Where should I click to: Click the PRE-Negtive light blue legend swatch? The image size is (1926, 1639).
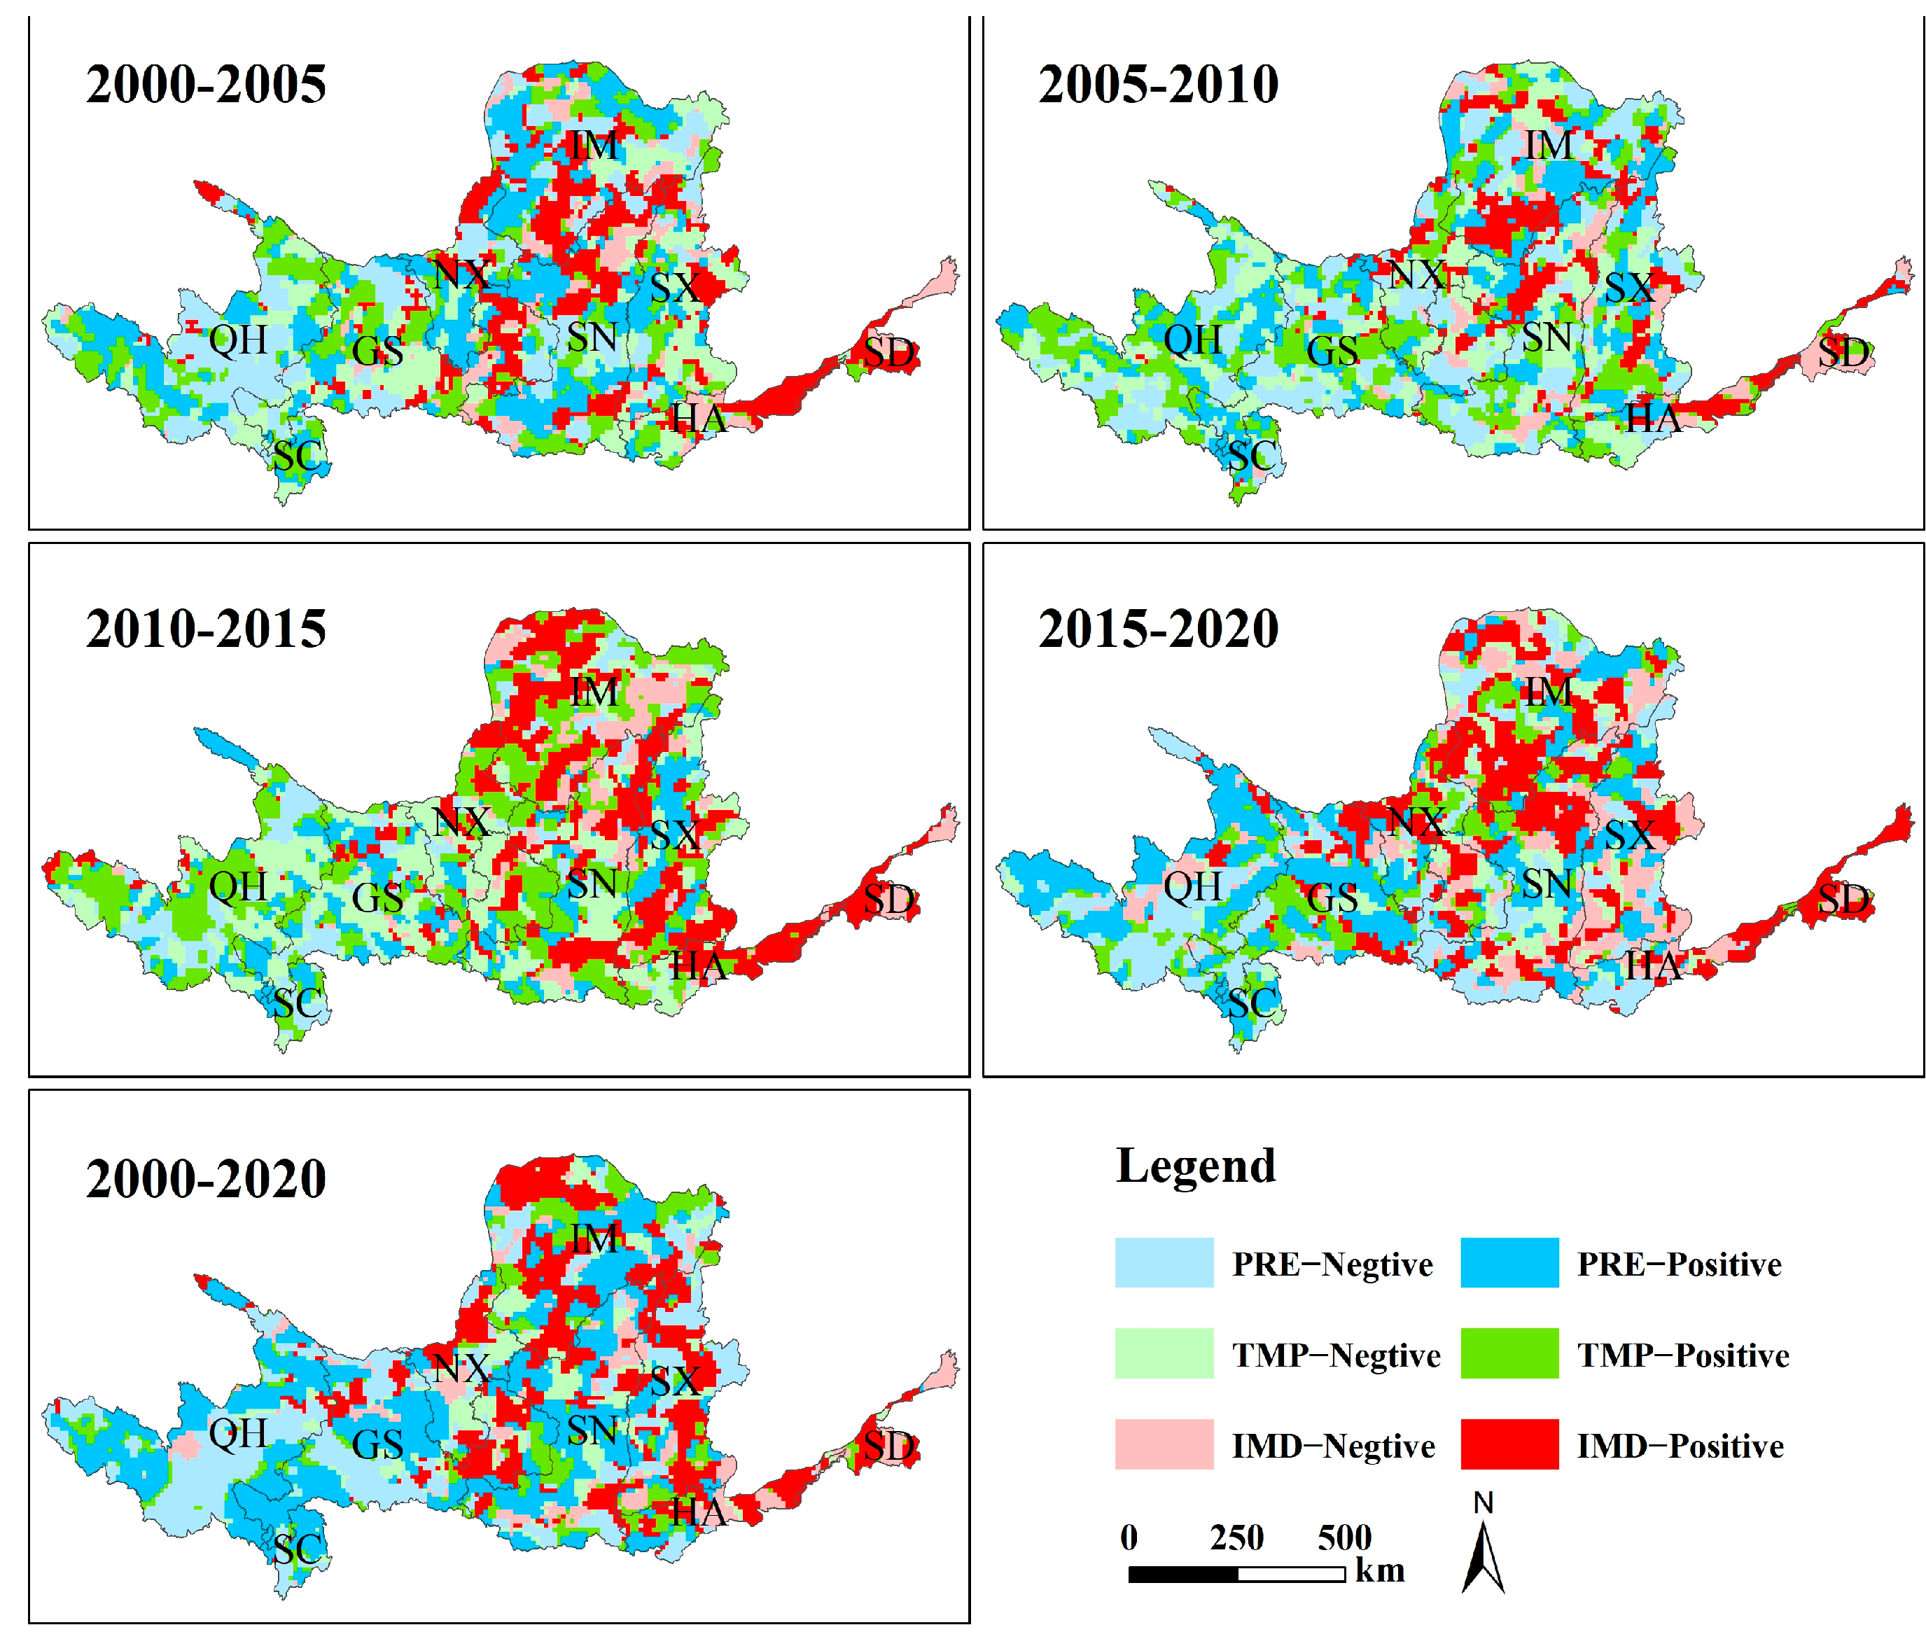tap(1163, 1262)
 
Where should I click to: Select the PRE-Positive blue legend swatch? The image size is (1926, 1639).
tap(1508, 1262)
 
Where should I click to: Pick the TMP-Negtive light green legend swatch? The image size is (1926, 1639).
tap(1163, 1353)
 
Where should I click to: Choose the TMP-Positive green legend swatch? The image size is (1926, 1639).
tap(1508, 1353)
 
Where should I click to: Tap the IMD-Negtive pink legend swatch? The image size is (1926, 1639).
tap(1163, 1444)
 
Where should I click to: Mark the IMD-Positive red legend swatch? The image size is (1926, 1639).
tap(1508, 1444)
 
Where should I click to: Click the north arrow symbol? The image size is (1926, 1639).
tap(1482, 1551)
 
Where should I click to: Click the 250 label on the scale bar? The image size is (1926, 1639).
tap(1236, 1537)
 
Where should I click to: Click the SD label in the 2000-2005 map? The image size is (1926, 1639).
tap(889, 352)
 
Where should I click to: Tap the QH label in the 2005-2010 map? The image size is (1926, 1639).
tap(1192, 340)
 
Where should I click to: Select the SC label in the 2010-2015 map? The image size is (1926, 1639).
tap(298, 1003)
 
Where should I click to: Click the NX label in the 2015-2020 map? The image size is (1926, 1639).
tap(1415, 821)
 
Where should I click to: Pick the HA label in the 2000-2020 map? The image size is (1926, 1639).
tap(698, 1512)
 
